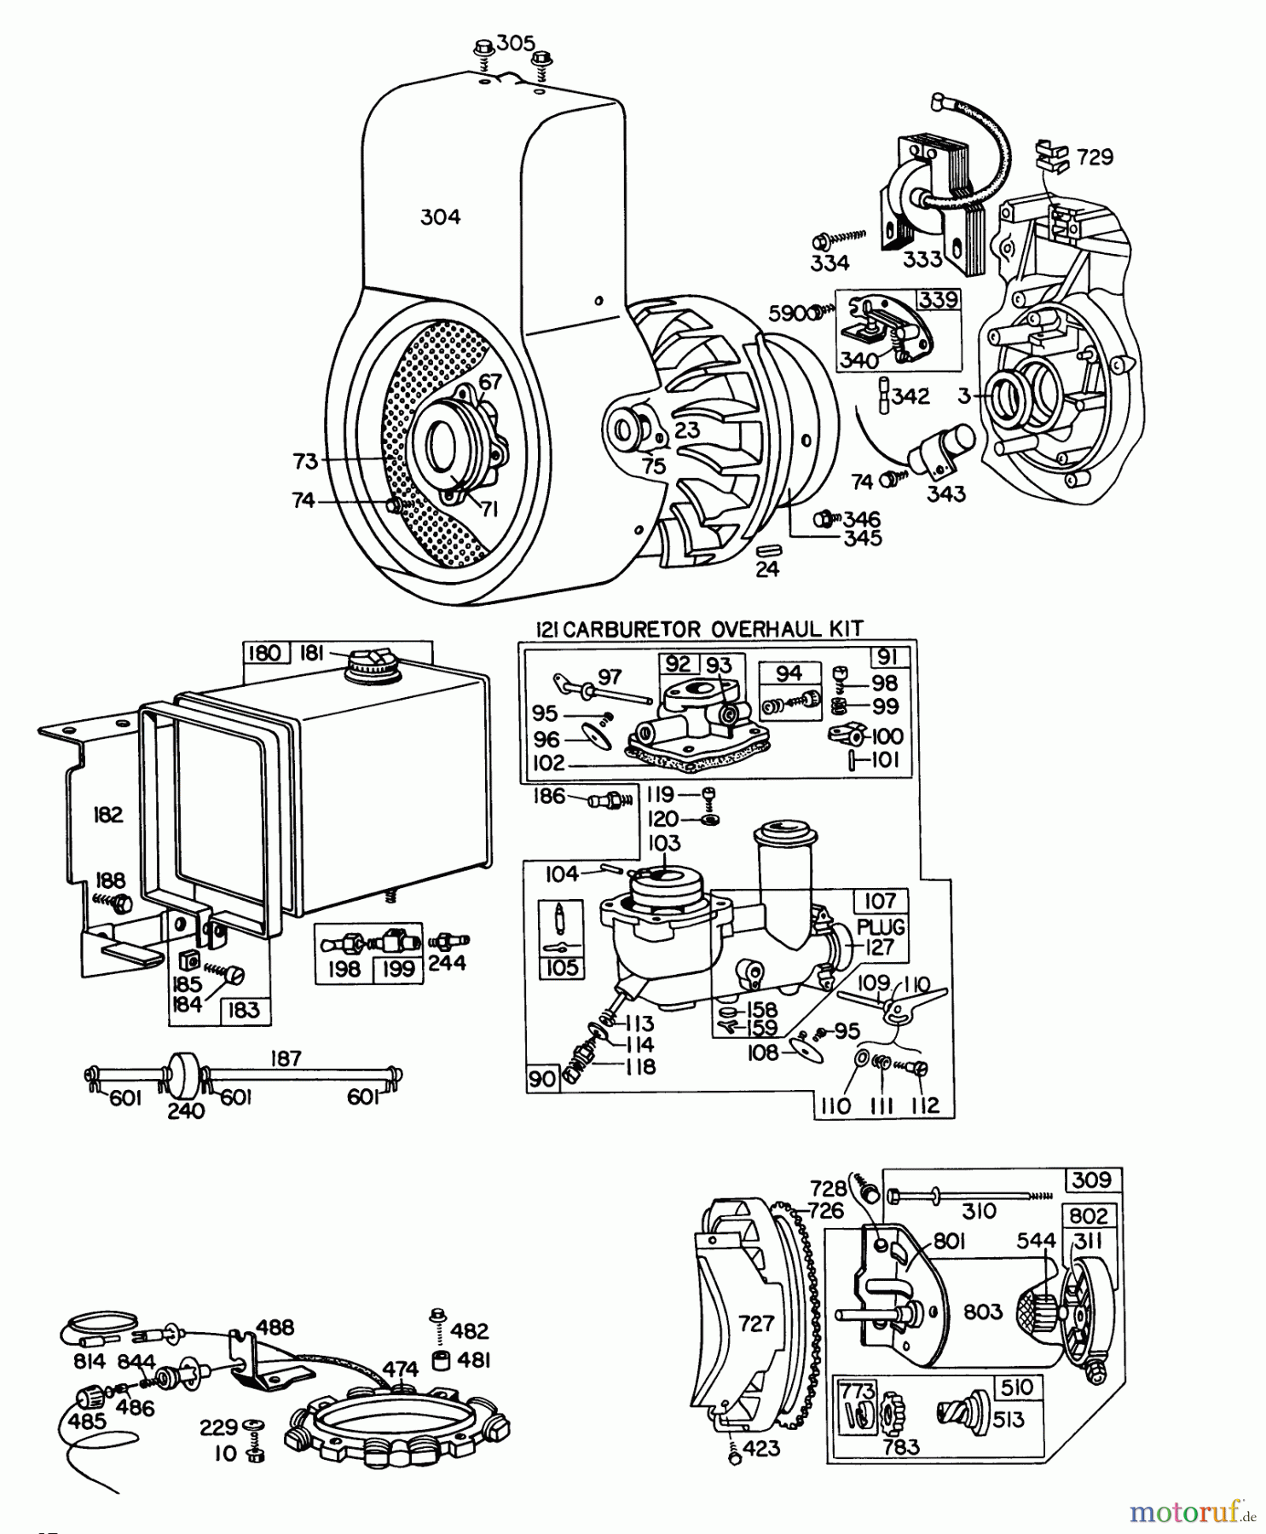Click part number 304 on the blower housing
[440, 217]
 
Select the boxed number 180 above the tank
[263, 654]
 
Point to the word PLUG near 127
[881, 926]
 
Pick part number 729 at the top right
[1095, 158]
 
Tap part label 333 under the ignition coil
[922, 259]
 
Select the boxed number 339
[938, 300]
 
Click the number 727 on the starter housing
[756, 1324]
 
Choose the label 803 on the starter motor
[982, 1312]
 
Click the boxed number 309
[1092, 1179]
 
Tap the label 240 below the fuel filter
[186, 1110]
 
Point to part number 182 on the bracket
[108, 815]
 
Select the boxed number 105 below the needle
[562, 967]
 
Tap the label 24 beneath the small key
[767, 569]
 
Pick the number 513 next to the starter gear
[1008, 1420]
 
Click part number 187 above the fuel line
[286, 1058]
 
